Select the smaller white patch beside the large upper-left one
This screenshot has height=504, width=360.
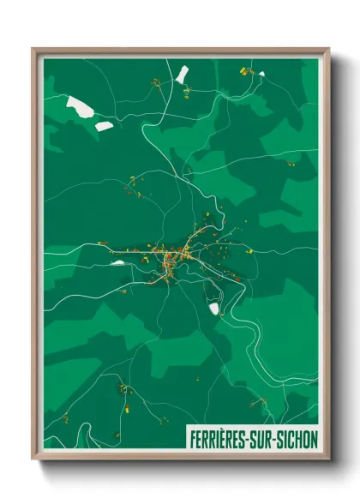coord(104,126)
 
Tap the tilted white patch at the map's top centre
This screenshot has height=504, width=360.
coord(182,75)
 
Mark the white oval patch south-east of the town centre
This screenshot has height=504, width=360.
coord(214,308)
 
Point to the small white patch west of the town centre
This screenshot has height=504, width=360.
coord(117,263)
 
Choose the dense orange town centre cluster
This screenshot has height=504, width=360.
coord(171,258)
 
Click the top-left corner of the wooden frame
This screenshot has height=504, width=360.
coord(33,50)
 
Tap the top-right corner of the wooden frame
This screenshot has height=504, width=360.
coord(328,50)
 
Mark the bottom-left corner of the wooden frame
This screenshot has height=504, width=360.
coord(33,460)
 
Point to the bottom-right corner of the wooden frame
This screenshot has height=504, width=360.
coord(328,460)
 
